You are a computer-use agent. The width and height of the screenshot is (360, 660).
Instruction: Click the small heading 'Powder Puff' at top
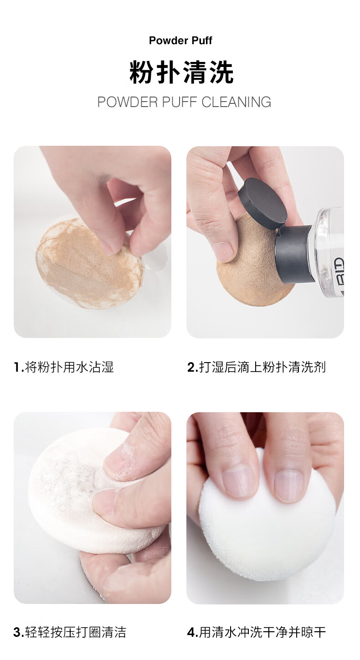pos(180,41)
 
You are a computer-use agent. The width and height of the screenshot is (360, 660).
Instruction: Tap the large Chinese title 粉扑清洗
pos(181,72)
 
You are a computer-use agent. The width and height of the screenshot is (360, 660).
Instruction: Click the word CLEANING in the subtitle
pos(236,102)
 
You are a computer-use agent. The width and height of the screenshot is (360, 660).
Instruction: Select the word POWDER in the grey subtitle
pos(128,102)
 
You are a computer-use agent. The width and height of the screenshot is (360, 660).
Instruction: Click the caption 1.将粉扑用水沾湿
pos(64,367)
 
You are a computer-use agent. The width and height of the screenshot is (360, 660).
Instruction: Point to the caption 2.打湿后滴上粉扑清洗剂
pos(257,367)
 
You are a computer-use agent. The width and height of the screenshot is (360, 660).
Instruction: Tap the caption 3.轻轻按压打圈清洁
pos(70,632)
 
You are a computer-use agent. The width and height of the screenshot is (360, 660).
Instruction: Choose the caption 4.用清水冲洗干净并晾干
pos(257,632)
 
